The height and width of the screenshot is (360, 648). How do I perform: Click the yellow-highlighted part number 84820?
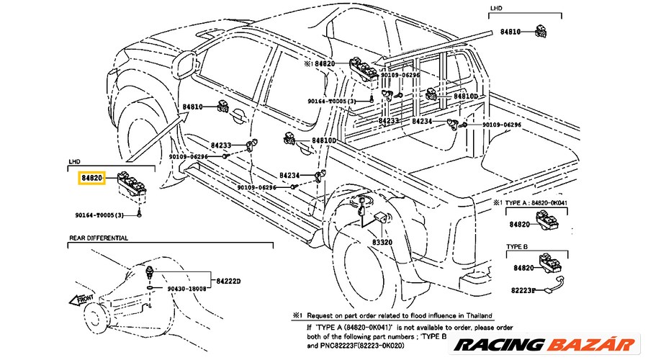92,176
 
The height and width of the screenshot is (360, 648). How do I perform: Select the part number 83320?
382,243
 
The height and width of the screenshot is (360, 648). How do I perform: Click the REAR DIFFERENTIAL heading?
99,238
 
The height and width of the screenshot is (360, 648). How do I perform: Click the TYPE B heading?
517,246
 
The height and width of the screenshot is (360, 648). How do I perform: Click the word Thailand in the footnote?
476,316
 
